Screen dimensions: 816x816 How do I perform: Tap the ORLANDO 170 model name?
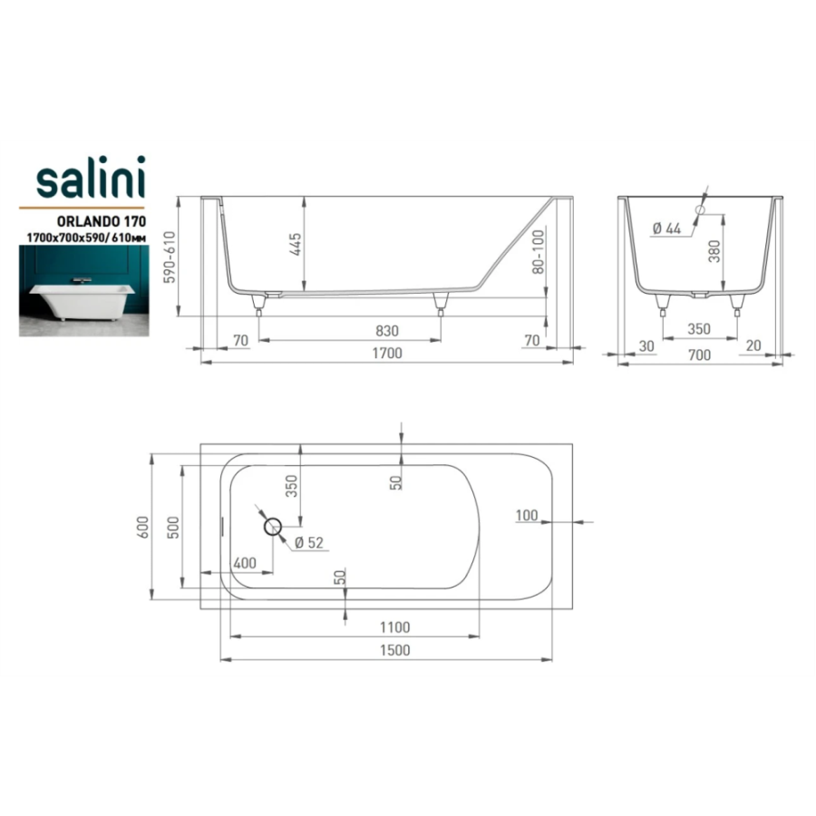[101, 221]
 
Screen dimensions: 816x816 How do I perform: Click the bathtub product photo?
[84, 291]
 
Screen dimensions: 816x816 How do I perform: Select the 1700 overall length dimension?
[387, 354]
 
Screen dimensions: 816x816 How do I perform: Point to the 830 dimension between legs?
[386, 331]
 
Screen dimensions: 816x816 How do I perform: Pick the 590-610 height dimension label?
[170, 257]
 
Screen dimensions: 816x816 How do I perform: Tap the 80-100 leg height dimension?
[538, 252]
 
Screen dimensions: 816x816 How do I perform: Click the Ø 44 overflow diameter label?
[666, 228]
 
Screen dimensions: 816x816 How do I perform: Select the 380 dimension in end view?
[714, 251]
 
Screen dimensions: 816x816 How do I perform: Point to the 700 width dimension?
[699, 355]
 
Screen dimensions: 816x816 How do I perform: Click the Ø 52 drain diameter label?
[308, 543]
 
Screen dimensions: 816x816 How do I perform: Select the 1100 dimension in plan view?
[394, 627]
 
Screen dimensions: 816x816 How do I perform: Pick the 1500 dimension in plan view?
[395, 650]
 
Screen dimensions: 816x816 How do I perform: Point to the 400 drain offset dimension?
[245, 563]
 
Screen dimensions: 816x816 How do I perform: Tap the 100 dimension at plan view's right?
[526, 515]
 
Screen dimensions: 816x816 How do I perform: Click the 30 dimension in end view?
[646, 346]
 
